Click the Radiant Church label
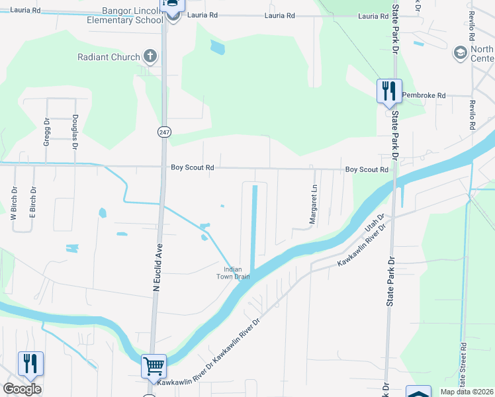(107, 57)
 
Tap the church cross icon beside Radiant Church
(150, 56)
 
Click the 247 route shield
(163, 132)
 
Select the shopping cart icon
(154, 365)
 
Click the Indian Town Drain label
(237, 273)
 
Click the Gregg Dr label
(47, 132)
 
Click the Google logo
(22, 389)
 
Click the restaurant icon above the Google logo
(30, 364)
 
